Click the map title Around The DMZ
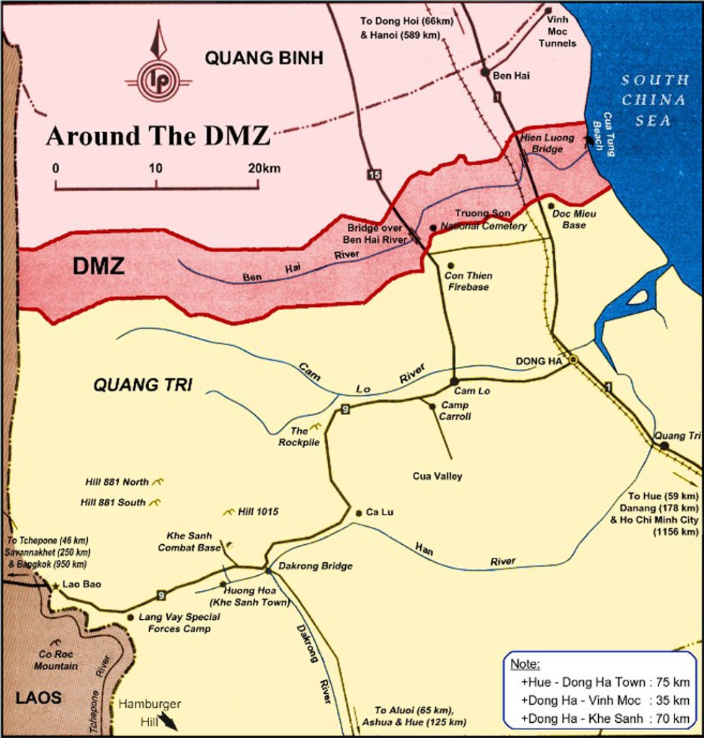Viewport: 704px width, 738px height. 158,135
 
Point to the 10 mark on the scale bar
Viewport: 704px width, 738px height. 156,169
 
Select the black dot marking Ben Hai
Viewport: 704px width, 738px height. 485,72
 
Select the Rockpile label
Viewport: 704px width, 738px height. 299,437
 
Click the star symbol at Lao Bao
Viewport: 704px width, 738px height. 55,586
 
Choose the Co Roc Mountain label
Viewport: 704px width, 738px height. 55,661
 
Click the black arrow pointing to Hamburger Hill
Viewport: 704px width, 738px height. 168,721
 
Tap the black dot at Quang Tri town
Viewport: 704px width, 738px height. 664,446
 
